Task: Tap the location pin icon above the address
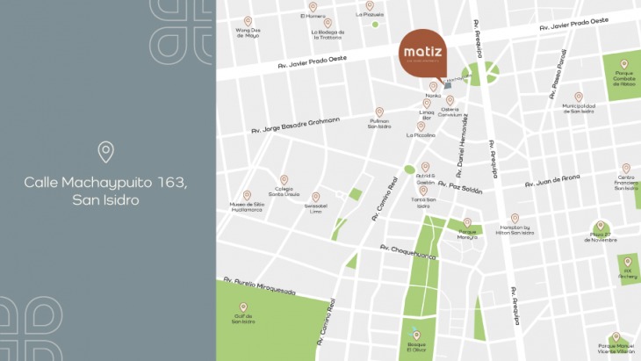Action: pos(106,152)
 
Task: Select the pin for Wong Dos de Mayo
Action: pos(248,21)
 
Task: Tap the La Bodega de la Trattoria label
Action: pos(327,35)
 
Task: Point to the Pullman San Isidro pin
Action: pos(379,112)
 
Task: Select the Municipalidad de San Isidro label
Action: pos(578,109)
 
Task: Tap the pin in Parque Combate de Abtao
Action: pos(624,64)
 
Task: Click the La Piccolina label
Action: pos(421,136)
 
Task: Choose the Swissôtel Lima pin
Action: pos(315,197)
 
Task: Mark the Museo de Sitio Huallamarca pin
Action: pos(247,195)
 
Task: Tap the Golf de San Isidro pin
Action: pos(243,307)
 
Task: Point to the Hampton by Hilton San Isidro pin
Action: pos(515,219)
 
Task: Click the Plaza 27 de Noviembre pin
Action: pos(601,226)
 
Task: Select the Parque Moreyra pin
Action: pos(467,223)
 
